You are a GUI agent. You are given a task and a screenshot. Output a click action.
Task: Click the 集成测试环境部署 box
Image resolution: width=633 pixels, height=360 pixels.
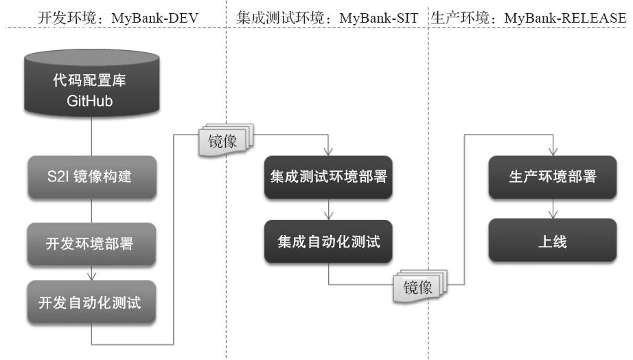click(328, 177)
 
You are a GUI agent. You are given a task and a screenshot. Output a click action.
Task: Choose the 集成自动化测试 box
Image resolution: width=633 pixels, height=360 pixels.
click(328, 242)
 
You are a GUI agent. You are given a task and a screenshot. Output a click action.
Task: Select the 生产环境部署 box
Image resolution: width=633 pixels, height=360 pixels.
click(553, 177)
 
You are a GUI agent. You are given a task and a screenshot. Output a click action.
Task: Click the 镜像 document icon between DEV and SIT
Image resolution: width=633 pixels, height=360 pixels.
click(223, 142)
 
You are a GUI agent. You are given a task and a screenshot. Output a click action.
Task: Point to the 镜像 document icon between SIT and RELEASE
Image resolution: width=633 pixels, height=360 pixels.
click(418, 287)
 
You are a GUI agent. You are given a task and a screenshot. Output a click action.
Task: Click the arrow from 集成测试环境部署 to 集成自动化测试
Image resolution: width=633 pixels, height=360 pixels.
click(328, 210)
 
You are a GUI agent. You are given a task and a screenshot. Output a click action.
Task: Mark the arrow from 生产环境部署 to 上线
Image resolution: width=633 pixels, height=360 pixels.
click(553, 210)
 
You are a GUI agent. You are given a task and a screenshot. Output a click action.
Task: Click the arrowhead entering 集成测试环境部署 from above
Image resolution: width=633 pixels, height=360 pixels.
click(328, 153)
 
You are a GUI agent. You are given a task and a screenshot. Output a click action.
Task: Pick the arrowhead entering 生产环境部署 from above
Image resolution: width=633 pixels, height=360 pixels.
click(553, 153)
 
